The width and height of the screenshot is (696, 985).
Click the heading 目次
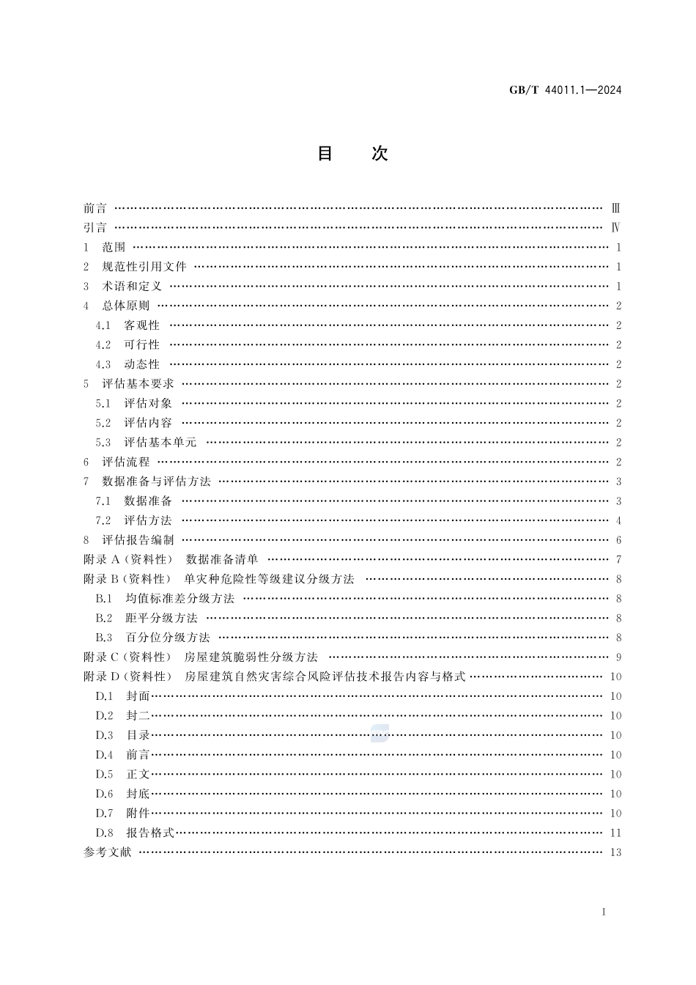point(352,154)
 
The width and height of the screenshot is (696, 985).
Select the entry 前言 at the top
point(95,208)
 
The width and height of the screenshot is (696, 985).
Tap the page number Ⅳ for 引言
point(616,228)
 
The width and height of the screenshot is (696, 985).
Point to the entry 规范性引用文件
point(144,267)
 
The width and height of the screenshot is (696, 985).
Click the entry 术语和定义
point(131,287)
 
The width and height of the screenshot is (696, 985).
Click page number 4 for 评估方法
point(618,520)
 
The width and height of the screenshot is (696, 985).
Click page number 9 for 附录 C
point(618,657)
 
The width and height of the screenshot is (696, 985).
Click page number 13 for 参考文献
point(615,852)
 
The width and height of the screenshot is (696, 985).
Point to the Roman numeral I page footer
point(603,912)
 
